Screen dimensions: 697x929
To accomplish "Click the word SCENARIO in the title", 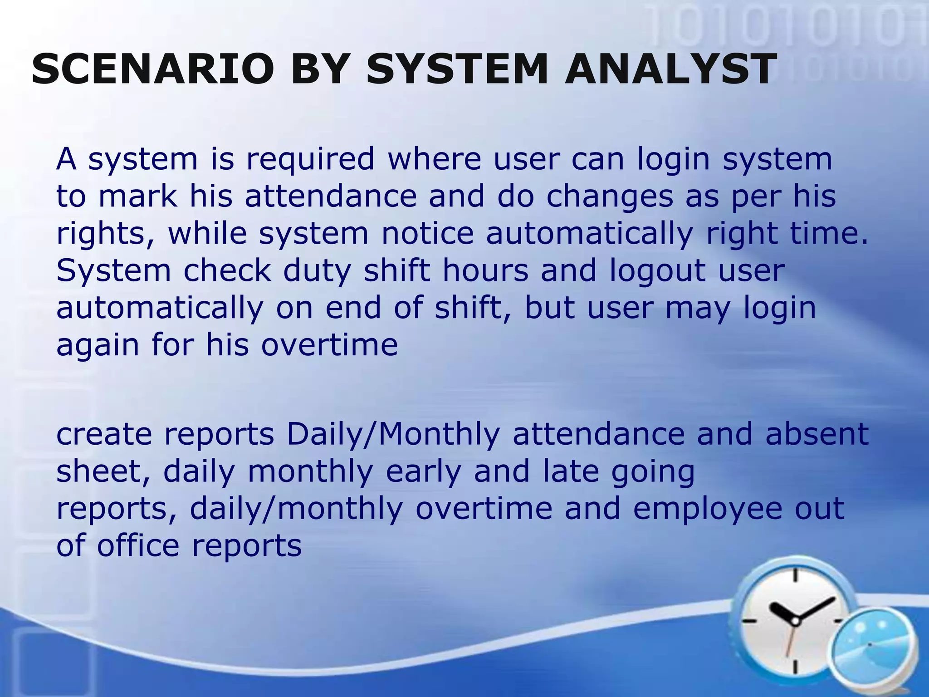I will (152, 69).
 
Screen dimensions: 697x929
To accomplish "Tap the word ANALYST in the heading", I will (670, 69).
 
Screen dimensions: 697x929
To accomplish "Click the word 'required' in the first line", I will (310, 160).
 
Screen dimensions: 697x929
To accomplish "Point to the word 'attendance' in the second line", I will (331, 197).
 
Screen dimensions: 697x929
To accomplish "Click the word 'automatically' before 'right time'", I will (589, 234).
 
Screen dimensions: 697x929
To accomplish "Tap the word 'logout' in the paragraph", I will (657, 271).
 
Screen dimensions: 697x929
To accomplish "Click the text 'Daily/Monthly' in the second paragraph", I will (393, 434).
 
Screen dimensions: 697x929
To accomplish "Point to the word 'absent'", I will (817, 434).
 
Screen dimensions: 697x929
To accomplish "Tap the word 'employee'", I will (707, 509).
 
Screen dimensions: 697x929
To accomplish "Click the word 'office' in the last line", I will (138, 545).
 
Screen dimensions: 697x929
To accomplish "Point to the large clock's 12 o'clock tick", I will (795, 575).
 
